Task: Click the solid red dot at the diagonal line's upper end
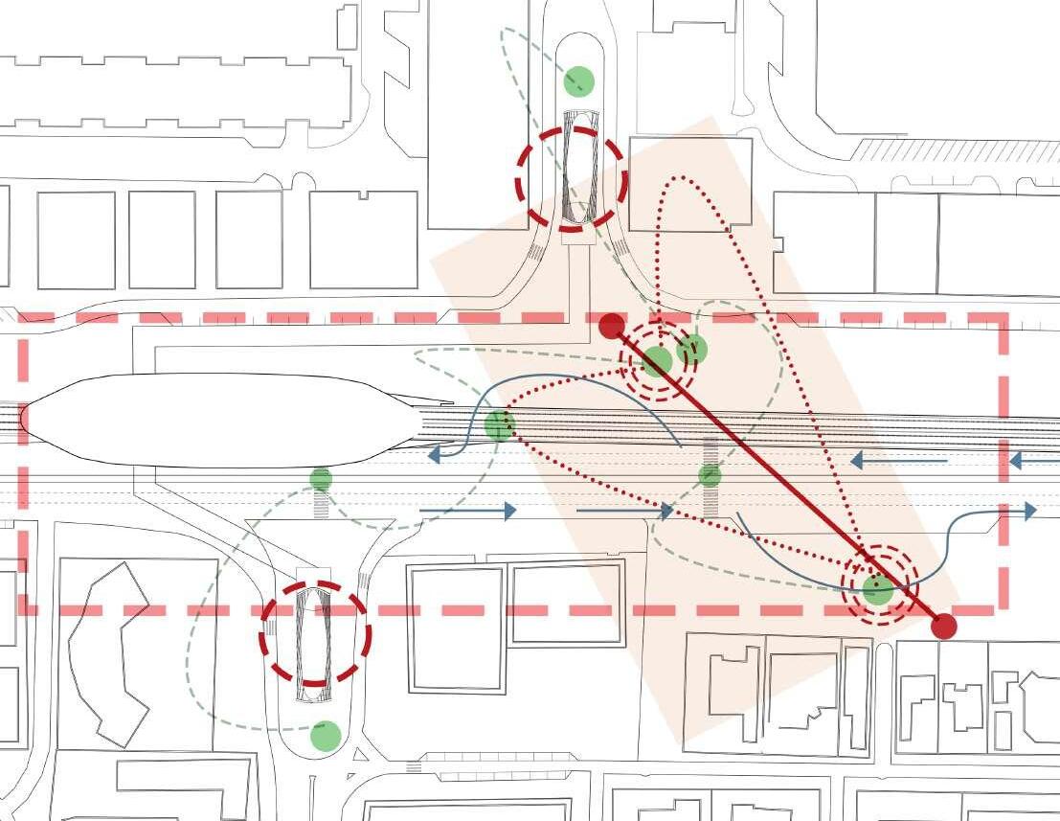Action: click(611, 326)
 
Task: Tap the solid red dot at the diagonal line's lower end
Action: click(944, 626)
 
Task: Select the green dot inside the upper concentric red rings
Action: click(657, 361)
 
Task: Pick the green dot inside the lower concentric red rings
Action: click(877, 589)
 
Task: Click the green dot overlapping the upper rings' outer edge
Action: click(692, 350)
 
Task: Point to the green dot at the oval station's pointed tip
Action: click(499, 424)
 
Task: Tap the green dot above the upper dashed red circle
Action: click(578, 81)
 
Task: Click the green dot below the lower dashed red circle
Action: click(326, 736)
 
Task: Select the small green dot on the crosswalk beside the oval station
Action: click(322, 478)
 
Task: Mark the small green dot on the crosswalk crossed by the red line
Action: click(710, 474)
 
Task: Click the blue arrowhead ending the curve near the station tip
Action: click(435, 454)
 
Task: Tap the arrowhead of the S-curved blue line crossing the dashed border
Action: click(1029, 511)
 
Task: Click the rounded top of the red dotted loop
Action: click(680, 178)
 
